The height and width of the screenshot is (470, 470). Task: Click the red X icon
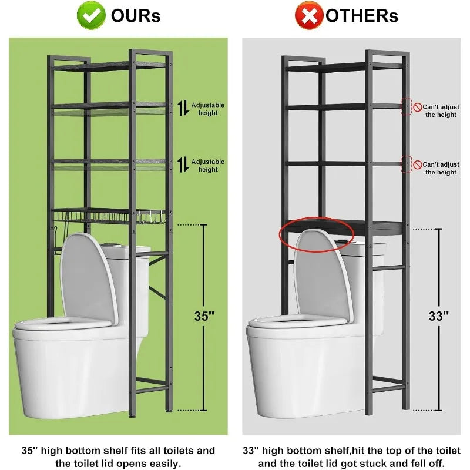(x=309, y=15)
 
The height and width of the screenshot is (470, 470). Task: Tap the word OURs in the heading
(x=136, y=16)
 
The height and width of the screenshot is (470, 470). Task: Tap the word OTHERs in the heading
(x=362, y=16)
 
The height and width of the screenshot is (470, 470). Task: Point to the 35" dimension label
(x=204, y=316)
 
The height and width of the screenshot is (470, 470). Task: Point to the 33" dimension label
(x=438, y=316)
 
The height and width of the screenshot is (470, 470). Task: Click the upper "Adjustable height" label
(x=208, y=109)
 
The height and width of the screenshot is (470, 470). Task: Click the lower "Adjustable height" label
(x=208, y=166)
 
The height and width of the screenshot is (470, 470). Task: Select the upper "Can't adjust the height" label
(x=441, y=111)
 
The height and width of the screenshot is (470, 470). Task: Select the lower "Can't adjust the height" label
(x=441, y=169)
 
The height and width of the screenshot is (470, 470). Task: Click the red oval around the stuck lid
(x=317, y=236)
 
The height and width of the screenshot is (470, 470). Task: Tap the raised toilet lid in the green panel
(x=88, y=276)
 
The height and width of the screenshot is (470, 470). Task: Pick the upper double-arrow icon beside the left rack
(x=183, y=108)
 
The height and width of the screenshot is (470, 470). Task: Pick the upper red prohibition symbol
(x=417, y=107)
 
